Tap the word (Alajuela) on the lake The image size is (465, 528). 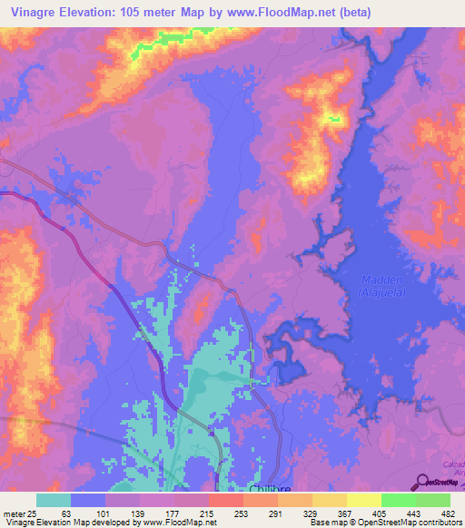371,292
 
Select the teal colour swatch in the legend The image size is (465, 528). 54,500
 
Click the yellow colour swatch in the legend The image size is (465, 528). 364,500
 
